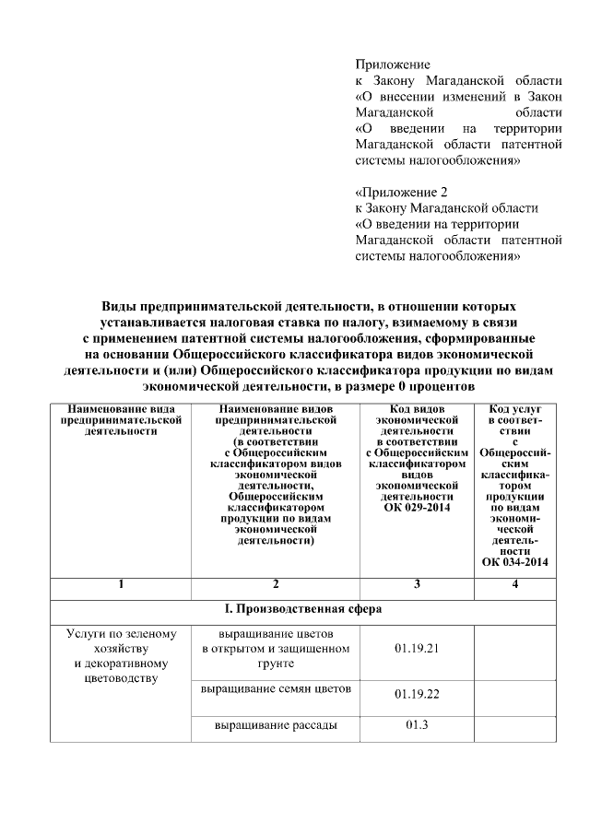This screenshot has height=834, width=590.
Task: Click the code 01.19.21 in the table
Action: click(x=416, y=649)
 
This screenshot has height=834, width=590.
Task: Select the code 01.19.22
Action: click(x=416, y=693)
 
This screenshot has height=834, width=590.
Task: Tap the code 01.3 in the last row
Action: click(x=416, y=724)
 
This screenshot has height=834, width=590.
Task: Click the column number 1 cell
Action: click(x=120, y=584)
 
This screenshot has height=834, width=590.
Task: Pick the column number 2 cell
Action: click(x=276, y=584)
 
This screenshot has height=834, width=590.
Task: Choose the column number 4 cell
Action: click(x=514, y=584)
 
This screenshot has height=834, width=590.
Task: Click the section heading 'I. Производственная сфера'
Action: click(x=303, y=609)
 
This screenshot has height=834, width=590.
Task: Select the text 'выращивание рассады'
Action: click(x=276, y=724)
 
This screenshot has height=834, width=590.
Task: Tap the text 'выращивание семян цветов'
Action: click(x=276, y=688)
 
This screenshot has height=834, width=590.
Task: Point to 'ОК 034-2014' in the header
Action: click(x=514, y=561)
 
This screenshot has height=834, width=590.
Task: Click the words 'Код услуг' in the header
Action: click(x=514, y=407)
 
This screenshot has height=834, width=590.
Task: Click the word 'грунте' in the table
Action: click(x=276, y=663)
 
